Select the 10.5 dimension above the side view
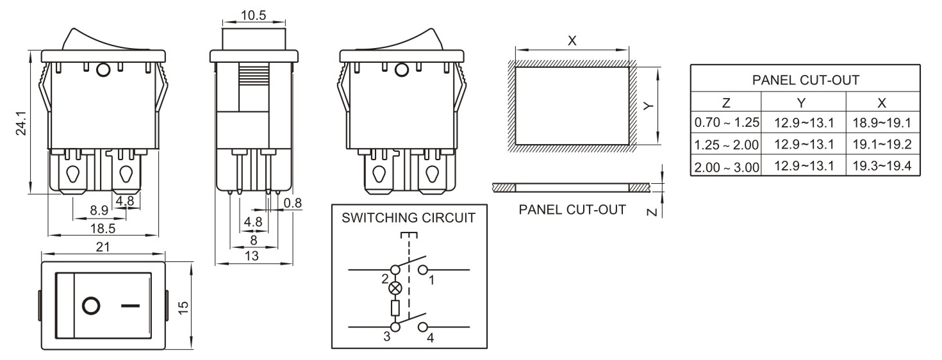[253, 16]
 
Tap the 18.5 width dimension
[103, 228]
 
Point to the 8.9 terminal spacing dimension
[99, 209]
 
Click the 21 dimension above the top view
[103, 247]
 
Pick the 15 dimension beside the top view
[184, 306]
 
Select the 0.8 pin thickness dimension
[293, 203]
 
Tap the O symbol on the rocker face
[92, 306]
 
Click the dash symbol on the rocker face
[130, 306]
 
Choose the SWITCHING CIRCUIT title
[409, 218]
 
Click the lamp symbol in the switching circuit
[395, 288]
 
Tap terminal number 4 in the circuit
[430, 338]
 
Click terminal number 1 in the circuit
[431, 280]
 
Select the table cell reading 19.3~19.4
[882, 167]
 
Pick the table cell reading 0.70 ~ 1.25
[726, 122]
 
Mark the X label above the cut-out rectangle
[572, 40]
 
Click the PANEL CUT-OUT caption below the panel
[572, 209]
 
